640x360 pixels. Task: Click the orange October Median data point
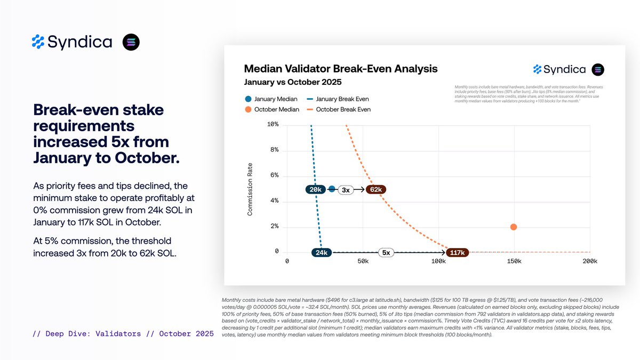(513, 227)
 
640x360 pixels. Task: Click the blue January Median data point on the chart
(332, 189)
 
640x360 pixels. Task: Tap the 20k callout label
(315, 189)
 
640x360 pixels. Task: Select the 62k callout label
(375, 189)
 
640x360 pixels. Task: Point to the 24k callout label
(322, 253)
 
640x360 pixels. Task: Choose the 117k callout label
(457, 253)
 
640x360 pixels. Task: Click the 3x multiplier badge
(346, 190)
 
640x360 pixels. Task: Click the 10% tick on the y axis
(272, 125)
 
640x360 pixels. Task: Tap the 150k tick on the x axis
(514, 261)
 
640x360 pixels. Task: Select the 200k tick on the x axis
(590, 261)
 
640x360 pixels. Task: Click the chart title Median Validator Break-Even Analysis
(340, 69)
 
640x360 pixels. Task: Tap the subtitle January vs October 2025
(292, 83)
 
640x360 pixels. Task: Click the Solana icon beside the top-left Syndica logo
(131, 42)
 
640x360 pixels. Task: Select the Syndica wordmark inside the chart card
(564, 69)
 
